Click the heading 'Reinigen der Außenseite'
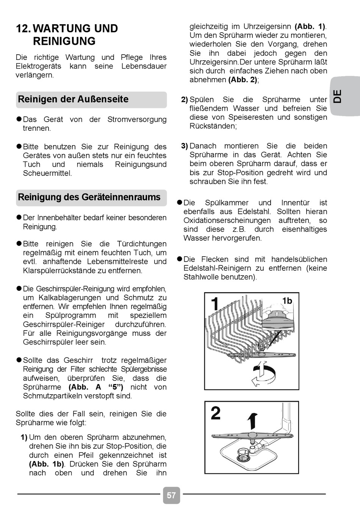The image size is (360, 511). pos(73,99)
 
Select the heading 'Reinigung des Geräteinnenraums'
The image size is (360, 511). pos(89,197)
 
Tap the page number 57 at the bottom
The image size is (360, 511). pos(171,495)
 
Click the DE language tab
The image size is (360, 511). pos(338,96)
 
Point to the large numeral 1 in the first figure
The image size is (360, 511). pos(215,304)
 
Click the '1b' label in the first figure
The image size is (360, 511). pos(287,301)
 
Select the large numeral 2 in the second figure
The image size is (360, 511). pos(216,413)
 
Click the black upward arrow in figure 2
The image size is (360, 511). pos(252,421)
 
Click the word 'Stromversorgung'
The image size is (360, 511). pos(137,119)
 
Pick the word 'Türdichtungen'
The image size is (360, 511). pos(142,244)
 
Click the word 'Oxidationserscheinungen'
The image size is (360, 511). pos(227,221)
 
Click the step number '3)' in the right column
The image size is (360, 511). pos(185,146)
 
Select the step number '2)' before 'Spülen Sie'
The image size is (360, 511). pos(185,100)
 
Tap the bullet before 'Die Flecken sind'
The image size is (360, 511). pos(180,259)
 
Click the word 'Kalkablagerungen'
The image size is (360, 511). pos(70,298)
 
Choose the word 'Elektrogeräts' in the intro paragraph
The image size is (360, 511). pos(38,66)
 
